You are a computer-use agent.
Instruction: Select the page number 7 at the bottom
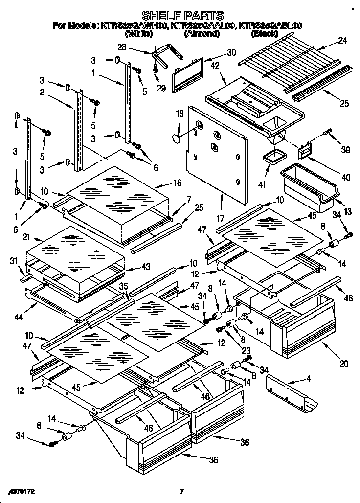tap(181, 491)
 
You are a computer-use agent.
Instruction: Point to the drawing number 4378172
tap(22, 491)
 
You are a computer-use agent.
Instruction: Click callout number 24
tap(342, 41)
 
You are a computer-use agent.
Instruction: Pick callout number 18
tap(180, 114)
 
